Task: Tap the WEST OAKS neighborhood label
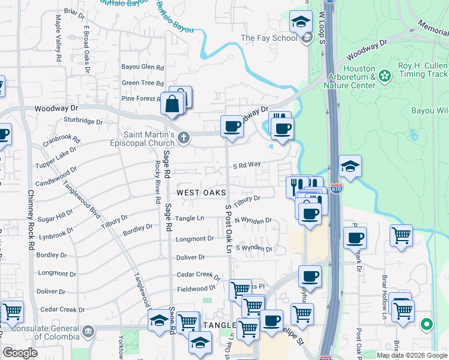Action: click(201, 193)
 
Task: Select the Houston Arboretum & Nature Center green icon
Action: click(385, 76)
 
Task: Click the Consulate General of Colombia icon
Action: click(88, 331)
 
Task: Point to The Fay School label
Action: click(269, 38)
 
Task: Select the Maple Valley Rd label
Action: click(58, 40)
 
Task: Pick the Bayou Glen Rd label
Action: click(142, 68)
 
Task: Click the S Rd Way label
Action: click(247, 164)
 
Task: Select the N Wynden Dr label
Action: click(253, 221)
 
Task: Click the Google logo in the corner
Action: click(20, 353)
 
